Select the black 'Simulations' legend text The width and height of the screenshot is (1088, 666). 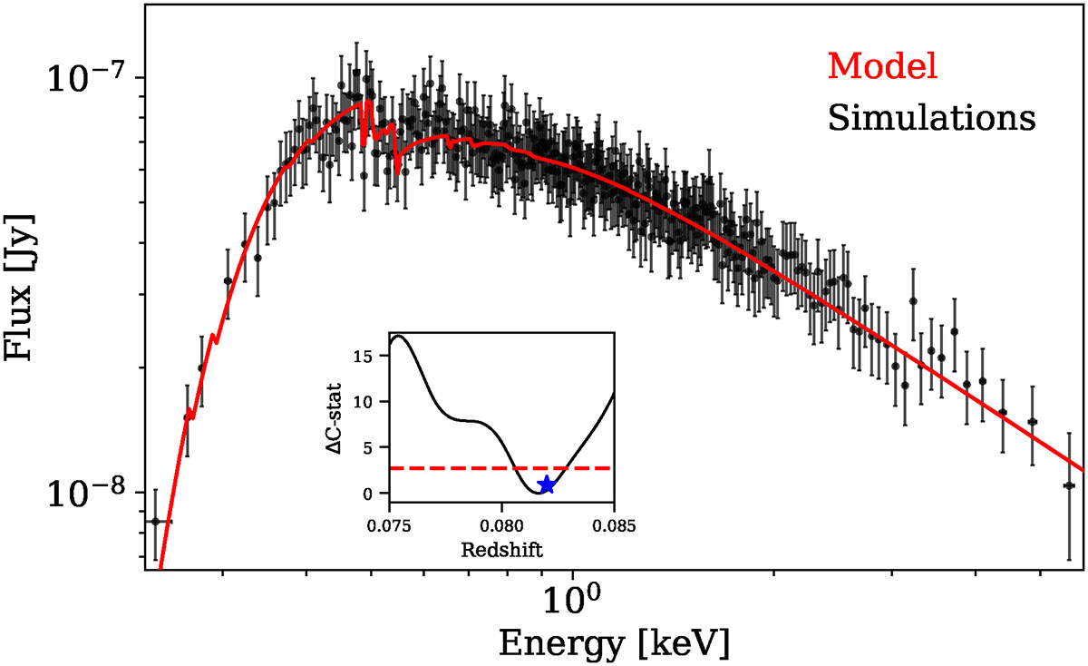click(932, 117)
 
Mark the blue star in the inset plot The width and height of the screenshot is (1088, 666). click(547, 485)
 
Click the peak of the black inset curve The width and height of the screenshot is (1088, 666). click(398, 336)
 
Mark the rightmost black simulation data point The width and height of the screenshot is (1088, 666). click(1070, 485)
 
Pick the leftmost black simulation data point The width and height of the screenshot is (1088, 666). click(155, 522)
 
